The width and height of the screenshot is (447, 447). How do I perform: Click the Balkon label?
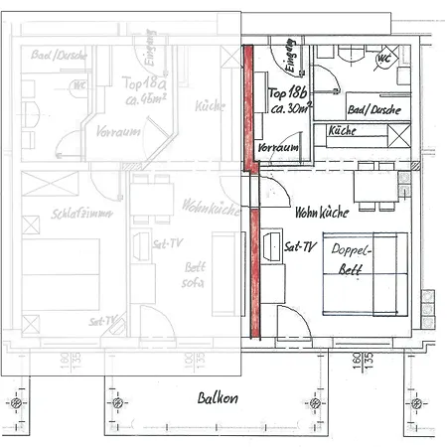[x=217, y=398]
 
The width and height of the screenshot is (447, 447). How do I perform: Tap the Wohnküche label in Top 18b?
[x=320, y=213]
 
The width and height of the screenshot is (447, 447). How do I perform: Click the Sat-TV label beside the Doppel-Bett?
[x=299, y=245]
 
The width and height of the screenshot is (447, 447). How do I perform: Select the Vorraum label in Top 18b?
[x=278, y=147]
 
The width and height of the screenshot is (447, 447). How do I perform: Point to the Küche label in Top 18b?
[x=343, y=130]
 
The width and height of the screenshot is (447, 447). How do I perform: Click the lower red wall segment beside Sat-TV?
[x=254, y=268]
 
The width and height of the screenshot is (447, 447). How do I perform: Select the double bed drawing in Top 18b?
[x=365, y=275]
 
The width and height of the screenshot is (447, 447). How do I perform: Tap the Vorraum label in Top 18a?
[x=116, y=131]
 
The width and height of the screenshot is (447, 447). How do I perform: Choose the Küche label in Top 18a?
[x=210, y=105]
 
